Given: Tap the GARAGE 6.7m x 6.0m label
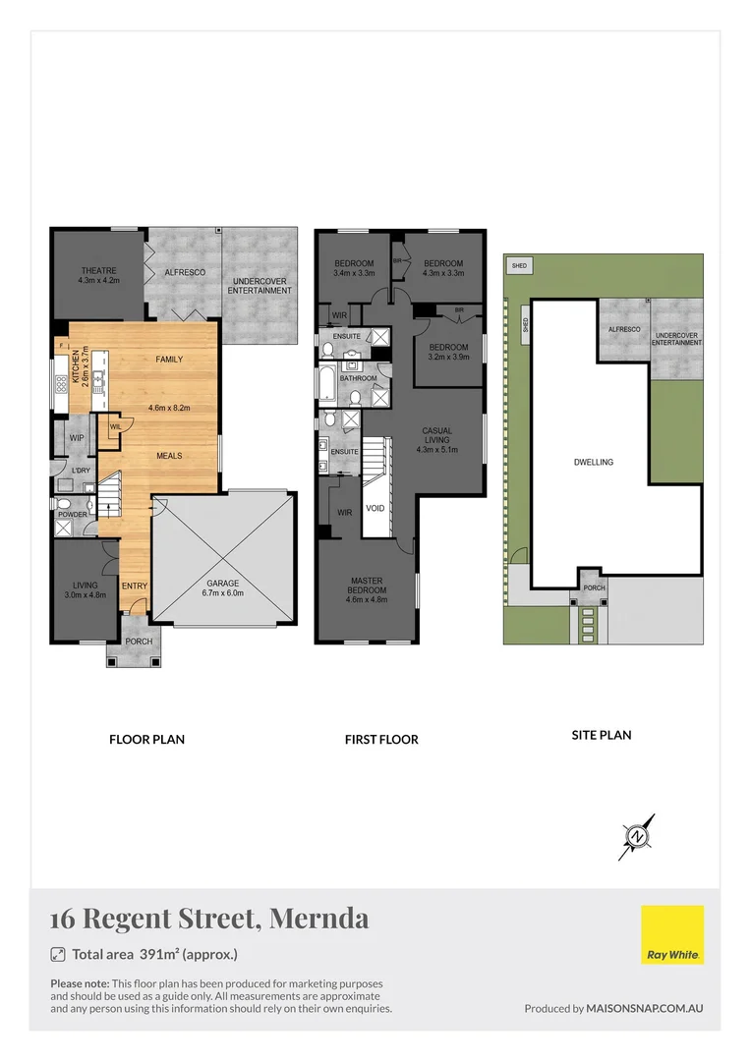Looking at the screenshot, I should tap(222, 586).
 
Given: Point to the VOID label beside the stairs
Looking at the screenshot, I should tap(375, 508).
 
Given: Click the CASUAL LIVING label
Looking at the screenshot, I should tap(437, 440).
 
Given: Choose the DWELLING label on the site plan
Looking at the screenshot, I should tap(594, 461).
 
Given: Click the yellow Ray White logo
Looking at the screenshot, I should tap(672, 934).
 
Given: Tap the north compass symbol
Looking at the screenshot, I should tap(638, 836).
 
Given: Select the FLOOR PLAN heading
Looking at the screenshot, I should tap(146, 740).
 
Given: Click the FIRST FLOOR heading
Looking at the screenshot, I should tap(381, 740).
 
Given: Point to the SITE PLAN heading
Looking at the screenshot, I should tap(601, 734).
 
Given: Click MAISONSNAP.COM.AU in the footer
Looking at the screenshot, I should tap(645, 1008).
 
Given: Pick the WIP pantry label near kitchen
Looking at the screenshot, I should tap(75, 436).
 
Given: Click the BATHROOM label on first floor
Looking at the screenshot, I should tap(359, 377).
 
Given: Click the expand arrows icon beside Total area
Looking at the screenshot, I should tap(57, 954).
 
